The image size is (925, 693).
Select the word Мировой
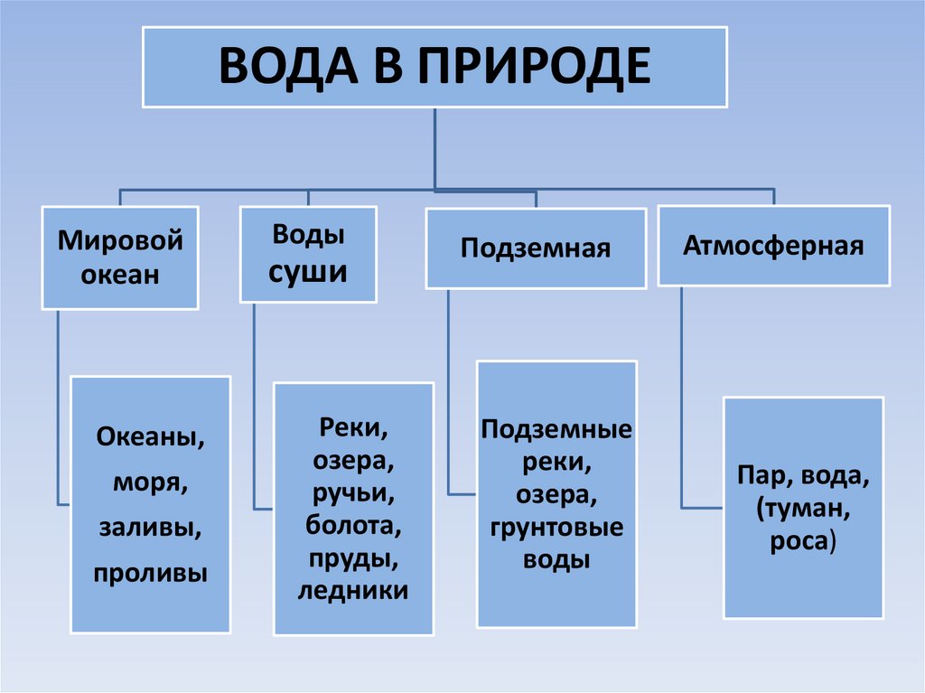click(x=120, y=241)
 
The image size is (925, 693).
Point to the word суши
click(x=308, y=270)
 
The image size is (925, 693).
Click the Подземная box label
click(x=536, y=248)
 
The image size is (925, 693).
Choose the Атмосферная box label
click(x=773, y=245)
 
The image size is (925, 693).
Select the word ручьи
click(x=352, y=492)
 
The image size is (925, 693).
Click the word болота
click(x=352, y=525)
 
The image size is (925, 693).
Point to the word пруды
click(x=352, y=557)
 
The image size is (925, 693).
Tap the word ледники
click(x=352, y=590)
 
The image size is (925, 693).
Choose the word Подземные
click(x=556, y=429)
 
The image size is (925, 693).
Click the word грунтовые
click(x=556, y=527)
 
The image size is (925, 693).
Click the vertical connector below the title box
click(x=435, y=149)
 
